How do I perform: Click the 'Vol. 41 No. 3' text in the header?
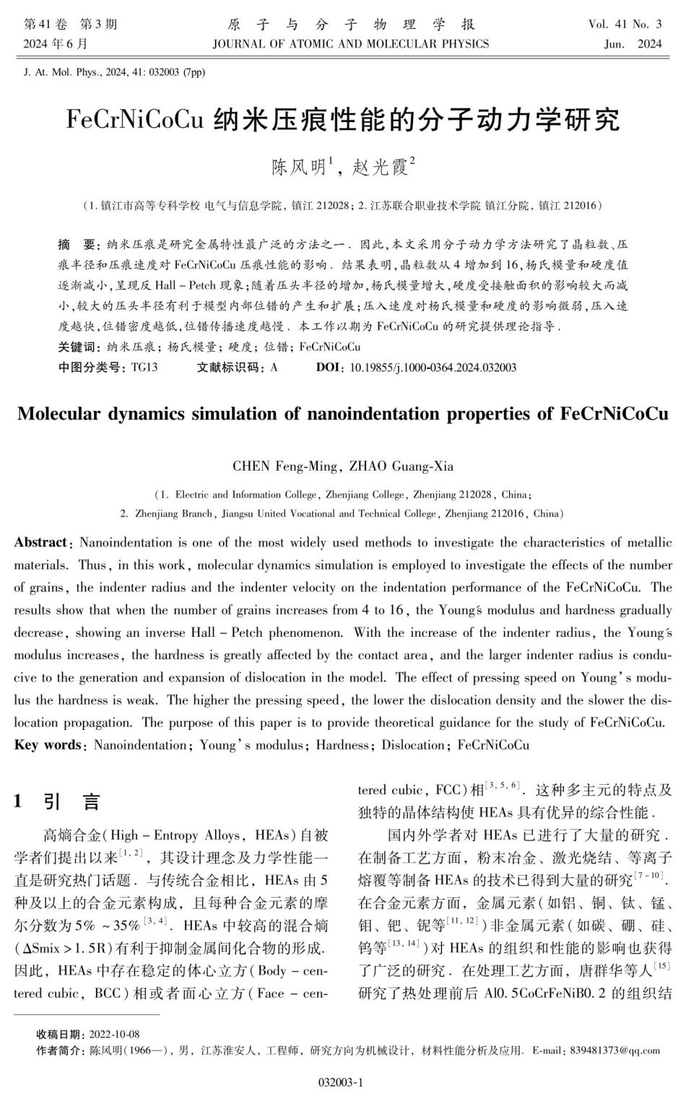pos(625,25)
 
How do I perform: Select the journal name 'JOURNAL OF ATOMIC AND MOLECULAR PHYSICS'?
pos(351,44)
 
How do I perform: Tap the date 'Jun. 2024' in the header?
pos(633,44)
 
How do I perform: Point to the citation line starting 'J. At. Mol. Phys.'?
pos(114,71)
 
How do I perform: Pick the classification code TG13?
pos(144,368)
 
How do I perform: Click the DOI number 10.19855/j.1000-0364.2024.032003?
pos(433,368)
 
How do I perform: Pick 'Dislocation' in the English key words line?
pos(412,745)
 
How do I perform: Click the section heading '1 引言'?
pos(58,801)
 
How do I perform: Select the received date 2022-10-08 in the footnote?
pos(114,1035)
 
